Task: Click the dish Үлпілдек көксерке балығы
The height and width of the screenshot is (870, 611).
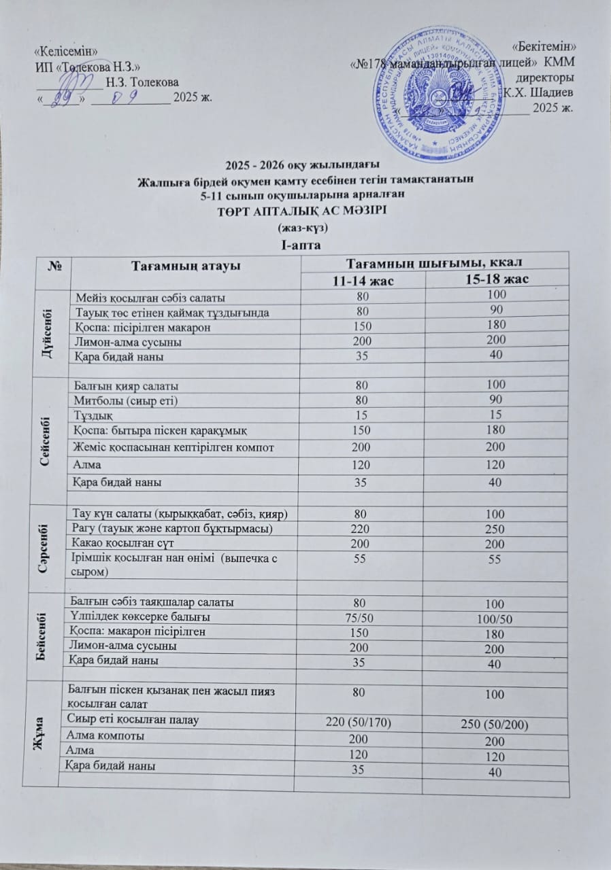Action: [140, 617]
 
